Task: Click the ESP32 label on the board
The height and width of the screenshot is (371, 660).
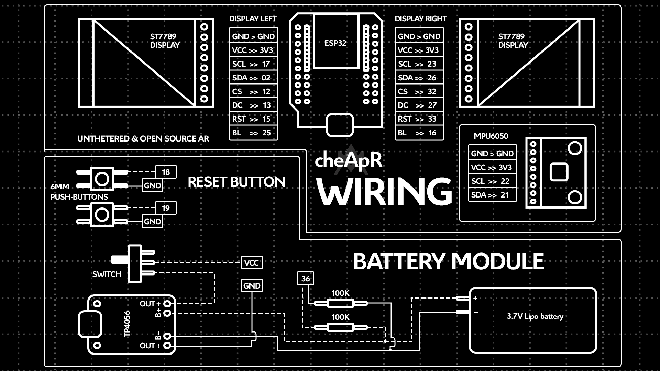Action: pos(335,43)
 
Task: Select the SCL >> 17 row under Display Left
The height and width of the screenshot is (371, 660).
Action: pos(253,64)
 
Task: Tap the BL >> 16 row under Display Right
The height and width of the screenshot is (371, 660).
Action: pos(419,133)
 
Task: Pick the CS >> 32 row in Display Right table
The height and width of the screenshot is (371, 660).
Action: pos(419,92)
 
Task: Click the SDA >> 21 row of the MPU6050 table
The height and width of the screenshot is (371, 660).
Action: pos(492,195)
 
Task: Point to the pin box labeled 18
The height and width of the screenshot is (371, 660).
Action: pos(166,172)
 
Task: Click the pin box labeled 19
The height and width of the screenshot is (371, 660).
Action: pos(166,208)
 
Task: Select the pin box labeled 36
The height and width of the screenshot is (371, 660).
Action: pos(306,279)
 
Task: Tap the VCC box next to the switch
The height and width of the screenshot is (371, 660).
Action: pos(252,263)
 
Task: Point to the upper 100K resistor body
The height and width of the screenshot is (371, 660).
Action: pos(340,303)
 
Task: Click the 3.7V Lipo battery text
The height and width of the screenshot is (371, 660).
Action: pos(535,316)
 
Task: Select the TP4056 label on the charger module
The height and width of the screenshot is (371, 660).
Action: pos(127,324)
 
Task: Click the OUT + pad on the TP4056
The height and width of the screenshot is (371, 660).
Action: pos(167,304)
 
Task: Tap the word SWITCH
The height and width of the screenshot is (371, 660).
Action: pos(107,274)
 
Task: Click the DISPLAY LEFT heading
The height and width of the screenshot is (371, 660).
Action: pos(253,19)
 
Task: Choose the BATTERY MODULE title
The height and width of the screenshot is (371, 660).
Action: pos(449,261)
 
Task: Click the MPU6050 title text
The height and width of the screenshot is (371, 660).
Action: pos(491,136)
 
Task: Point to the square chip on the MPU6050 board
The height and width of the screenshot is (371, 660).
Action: pos(559,172)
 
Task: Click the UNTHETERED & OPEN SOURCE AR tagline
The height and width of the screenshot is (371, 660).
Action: pos(143,139)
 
